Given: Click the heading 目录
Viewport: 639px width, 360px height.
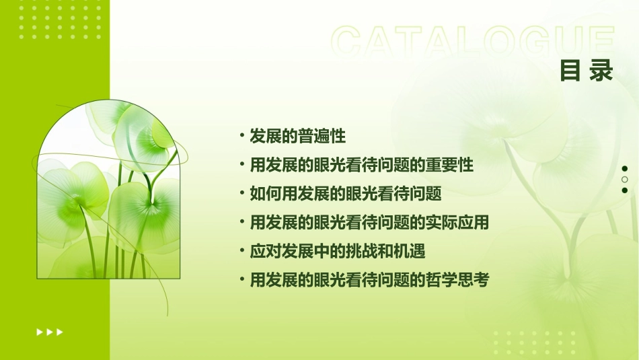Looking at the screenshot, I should coord(587,70).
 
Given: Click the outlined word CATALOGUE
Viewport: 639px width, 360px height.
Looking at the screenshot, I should coord(473,42).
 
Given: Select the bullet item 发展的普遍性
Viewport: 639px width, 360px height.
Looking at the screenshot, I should coord(297,137).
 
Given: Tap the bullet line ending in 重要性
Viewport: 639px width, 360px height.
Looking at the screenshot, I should coord(361,165).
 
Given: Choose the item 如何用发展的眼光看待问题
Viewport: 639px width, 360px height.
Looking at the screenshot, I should coord(345,194).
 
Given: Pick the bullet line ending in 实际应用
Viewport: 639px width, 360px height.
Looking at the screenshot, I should coord(369,223).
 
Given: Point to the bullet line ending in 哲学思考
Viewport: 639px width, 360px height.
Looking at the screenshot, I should coord(369,280).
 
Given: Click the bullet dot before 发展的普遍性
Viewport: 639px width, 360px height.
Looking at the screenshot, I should coord(241,136).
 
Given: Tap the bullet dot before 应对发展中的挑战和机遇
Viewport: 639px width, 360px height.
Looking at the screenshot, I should coord(241,251).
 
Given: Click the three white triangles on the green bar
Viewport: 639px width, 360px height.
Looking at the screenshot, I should coord(50,332).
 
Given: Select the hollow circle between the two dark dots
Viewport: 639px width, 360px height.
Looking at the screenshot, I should coord(625,180).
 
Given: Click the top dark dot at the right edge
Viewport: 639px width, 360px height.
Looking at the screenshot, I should coord(625,169).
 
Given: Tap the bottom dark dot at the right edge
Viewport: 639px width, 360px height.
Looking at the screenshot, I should coord(625,190).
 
